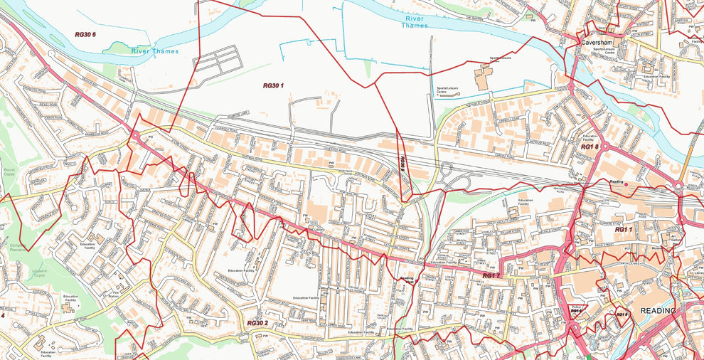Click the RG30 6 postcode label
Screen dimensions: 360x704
point(85,35)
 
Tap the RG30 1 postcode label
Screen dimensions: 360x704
point(273,85)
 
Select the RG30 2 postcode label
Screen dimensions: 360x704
point(257,323)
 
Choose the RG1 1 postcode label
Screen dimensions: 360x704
point(624,230)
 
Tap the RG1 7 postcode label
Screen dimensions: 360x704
point(492,275)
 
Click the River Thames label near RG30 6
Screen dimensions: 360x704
point(155,51)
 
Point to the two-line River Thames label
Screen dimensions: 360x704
point(415,22)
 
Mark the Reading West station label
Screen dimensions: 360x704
point(406,281)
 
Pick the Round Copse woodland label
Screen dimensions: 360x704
point(9,171)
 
